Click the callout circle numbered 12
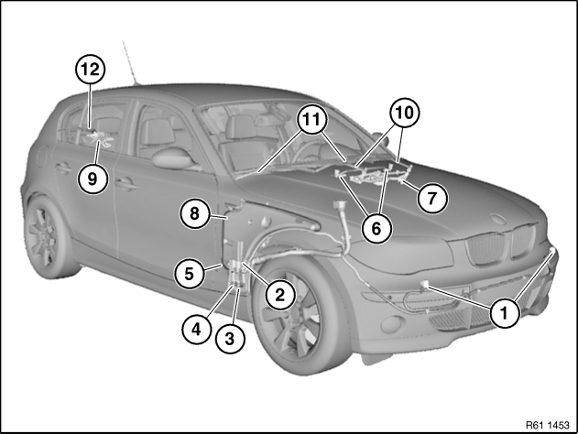[91, 70]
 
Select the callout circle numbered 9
[93, 179]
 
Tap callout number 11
[312, 119]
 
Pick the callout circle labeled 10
[404, 113]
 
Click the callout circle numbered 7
[432, 198]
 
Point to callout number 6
[376, 228]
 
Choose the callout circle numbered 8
[194, 213]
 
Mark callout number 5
[189, 274]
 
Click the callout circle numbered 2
[280, 295]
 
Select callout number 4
[197, 329]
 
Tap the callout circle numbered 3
[230, 339]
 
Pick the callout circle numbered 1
[505, 313]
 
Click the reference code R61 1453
[548, 425]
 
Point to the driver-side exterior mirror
[172, 158]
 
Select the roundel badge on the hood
[500, 219]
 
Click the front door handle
[125, 183]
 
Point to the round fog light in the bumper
[387, 325]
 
